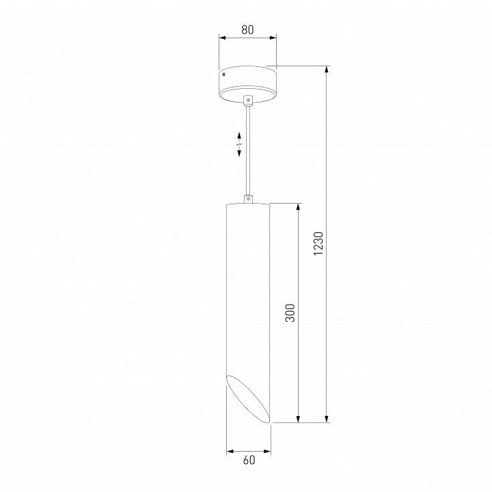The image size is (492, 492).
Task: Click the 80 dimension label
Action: tap(247, 29)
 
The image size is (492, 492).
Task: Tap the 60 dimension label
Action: tap(249, 460)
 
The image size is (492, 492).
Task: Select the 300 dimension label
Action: tap(290, 312)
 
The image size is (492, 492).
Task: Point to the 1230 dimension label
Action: tap(318, 243)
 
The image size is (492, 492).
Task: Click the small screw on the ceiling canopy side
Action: tap(223, 74)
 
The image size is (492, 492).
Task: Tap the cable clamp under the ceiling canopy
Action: tap(248, 100)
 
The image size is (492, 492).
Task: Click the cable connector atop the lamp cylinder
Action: tap(248, 199)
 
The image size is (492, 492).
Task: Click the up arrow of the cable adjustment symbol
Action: tap(239, 137)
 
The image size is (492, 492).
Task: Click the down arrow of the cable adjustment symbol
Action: tap(239, 152)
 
